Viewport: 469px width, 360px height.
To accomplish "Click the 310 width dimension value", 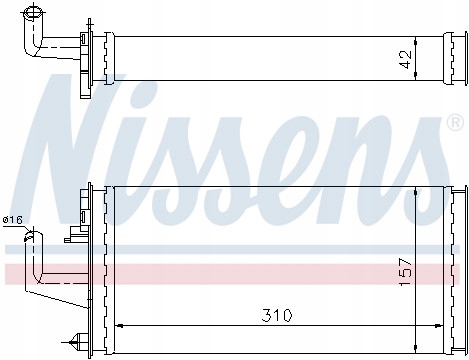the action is pos(277,315).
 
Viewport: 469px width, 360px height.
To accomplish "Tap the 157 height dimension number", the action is pos(406,272).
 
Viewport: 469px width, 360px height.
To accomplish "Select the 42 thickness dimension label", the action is pos(406,59).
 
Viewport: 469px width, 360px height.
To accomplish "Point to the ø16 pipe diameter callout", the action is pos(12,220).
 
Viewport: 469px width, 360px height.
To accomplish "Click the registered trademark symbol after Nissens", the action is pos(455,123).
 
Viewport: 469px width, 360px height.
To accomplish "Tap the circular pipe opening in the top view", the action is pos(32,13).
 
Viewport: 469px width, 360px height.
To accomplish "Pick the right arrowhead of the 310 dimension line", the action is pos(438,325).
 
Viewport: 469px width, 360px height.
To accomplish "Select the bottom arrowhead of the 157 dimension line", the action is pos(415,348).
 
